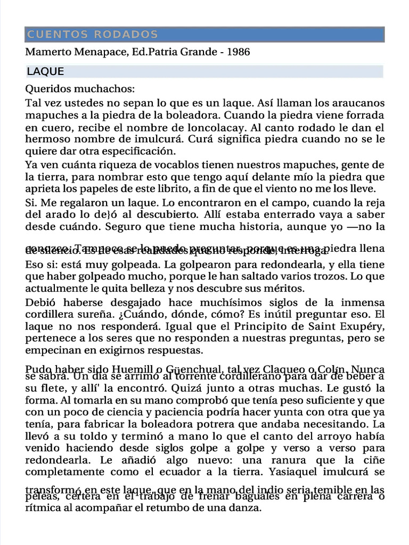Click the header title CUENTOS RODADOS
pos(92,35)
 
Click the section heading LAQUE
pos(45,72)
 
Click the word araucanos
pos(358,102)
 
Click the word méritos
pos(285,288)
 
